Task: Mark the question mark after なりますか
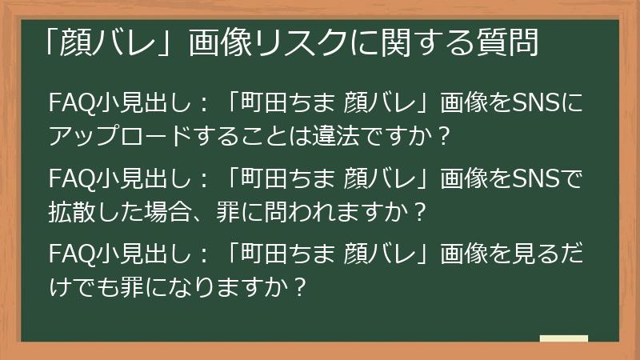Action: click(300, 286)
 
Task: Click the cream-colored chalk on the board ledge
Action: click(563, 338)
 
